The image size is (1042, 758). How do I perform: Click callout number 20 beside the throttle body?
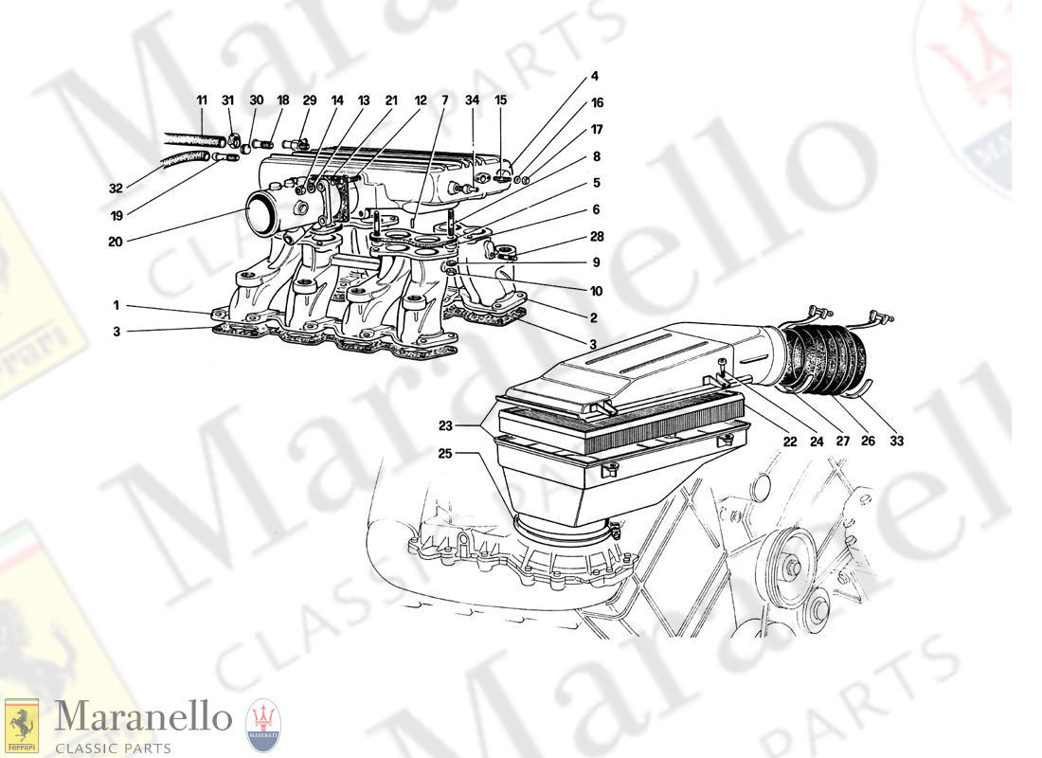(x=116, y=242)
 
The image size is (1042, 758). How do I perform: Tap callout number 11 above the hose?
(x=202, y=100)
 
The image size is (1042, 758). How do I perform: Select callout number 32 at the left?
(x=116, y=189)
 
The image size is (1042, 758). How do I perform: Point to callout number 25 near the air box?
(x=444, y=454)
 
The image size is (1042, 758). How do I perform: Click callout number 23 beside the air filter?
(x=444, y=425)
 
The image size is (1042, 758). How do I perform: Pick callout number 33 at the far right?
(x=896, y=441)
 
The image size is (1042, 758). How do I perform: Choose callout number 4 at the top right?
(x=595, y=77)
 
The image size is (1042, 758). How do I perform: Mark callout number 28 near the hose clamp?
(x=597, y=236)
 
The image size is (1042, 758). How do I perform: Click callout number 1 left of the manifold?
(x=117, y=306)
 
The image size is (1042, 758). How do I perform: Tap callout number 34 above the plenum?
(x=472, y=100)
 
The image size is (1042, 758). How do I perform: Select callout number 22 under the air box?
(x=789, y=441)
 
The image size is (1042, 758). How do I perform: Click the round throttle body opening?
(x=264, y=208)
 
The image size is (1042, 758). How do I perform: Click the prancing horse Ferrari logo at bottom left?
(x=21, y=726)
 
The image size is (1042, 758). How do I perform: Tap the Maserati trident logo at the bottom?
(x=264, y=726)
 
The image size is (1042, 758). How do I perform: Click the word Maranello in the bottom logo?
(x=144, y=718)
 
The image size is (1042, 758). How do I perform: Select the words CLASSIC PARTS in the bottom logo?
(x=113, y=749)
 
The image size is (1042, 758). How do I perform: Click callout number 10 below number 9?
(x=596, y=291)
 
